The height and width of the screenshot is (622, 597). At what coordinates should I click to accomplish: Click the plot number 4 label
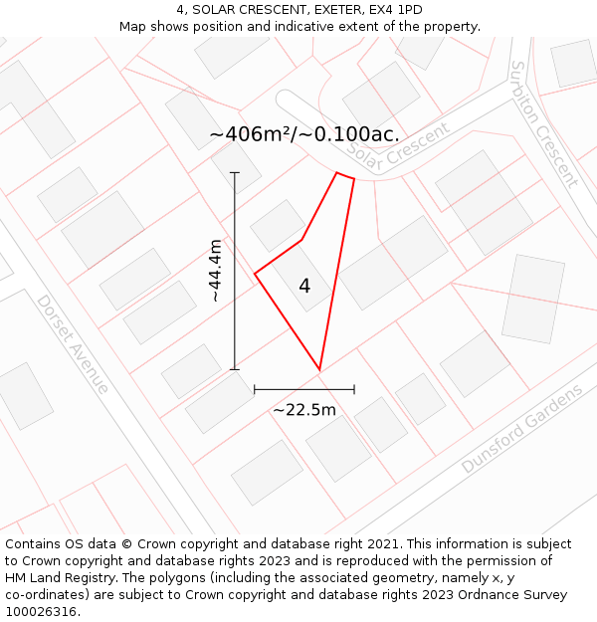click(x=304, y=287)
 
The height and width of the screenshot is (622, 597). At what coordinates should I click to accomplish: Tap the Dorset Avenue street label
click(x=73, y=343)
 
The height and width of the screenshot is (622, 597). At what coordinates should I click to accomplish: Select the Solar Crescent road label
click(x=399, y=152)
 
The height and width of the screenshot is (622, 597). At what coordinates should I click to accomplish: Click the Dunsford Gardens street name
click(x=521, y=429)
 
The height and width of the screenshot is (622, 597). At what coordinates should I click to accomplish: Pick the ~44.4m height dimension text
click(x=215, y=270)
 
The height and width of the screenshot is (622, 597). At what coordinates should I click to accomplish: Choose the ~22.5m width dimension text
click(x=304, y=409)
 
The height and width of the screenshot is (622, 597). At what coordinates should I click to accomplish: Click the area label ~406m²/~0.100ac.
click(x=304, y=134)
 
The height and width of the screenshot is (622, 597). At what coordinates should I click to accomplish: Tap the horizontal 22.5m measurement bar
click(x=304, y=389)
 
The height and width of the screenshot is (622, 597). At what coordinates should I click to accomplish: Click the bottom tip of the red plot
click(x=319, y=370)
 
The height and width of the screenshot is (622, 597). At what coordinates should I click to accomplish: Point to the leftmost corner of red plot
click(x=256, y=274)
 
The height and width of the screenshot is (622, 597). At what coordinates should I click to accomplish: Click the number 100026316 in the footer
click(x=39, y=612)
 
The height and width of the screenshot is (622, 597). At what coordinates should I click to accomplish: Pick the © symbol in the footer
click(x=126, y=544)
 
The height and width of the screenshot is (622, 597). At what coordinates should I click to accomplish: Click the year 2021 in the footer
click(x=384, y=544)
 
